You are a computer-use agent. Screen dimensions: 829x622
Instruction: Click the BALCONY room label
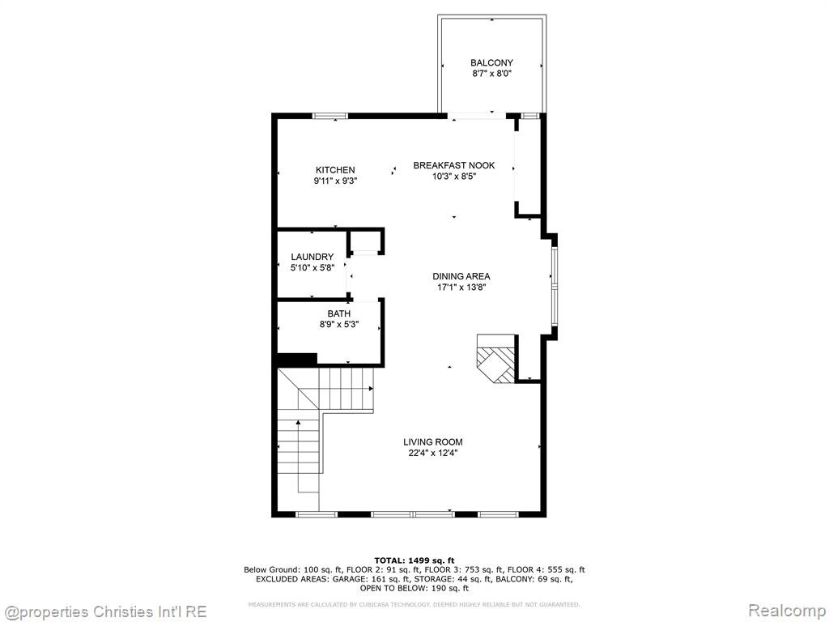click(x=491, y=63)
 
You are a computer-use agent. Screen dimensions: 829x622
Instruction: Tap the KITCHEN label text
click(x=335, y=170)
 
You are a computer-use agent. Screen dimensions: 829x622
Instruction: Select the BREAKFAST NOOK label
click(x=454, y=165)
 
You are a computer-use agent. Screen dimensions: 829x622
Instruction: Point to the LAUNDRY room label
click(x=312, y=257)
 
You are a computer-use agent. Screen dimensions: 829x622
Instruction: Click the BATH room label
click(x=339, y=314)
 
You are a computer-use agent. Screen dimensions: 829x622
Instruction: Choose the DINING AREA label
click(x=461, y=277)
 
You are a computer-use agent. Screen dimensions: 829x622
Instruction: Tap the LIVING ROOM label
click(x=433, y=442)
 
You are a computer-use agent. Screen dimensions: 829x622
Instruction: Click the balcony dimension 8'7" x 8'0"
click(x=491, y=74)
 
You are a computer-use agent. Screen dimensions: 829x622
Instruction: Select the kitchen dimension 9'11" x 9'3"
click(x=335, y=181)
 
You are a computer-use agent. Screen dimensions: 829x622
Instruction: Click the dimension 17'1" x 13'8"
click(x=461, y=288)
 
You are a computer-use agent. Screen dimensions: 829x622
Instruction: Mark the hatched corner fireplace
click(x=496, y=359)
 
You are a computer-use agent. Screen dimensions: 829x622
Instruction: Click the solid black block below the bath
click(x=297, y=360)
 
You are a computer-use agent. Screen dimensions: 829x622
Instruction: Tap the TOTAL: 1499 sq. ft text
click(x=414, y=560)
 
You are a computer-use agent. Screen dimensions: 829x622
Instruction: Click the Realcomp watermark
click(x=787, y=611)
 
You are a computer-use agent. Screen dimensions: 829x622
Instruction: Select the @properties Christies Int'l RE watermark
click(x=104, y=612)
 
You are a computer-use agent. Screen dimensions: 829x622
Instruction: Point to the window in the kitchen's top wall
click(x=330, y=116)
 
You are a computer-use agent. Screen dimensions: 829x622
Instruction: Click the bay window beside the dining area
click(x=554, y=286)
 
